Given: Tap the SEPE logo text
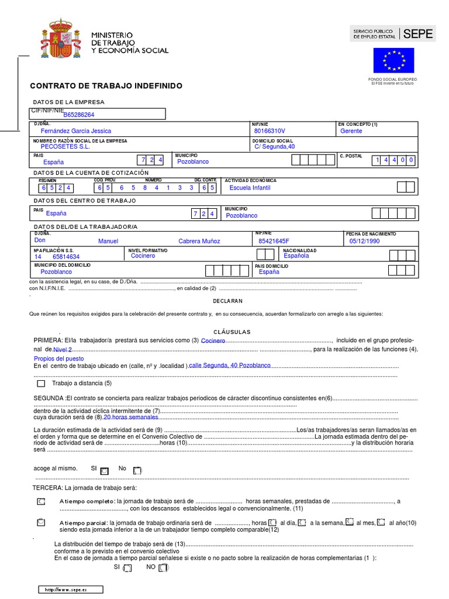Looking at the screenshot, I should [x=418, y=34].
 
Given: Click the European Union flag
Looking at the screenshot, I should [x=393, y=60].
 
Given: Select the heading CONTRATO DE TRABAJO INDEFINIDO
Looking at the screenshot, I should [x=106, y=86].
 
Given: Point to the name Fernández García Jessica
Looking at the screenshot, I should [x=75, y=131].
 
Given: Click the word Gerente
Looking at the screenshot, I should [x=351, y=131].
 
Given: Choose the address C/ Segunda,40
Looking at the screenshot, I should [x=275, y=147].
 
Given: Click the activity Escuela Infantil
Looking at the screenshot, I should [x=250, y=188].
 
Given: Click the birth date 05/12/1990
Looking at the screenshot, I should [x=381, y=241].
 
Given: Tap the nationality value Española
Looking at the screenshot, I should [x=296, y=256].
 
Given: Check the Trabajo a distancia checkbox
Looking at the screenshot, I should [x=40, y=384].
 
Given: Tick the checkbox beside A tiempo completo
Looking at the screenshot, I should [x=40, y=502].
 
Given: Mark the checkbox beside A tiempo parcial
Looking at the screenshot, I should [x=40, y=522].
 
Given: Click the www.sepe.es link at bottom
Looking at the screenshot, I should [x=70, y=590].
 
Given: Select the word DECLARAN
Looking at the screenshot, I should [x=227, y=301].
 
